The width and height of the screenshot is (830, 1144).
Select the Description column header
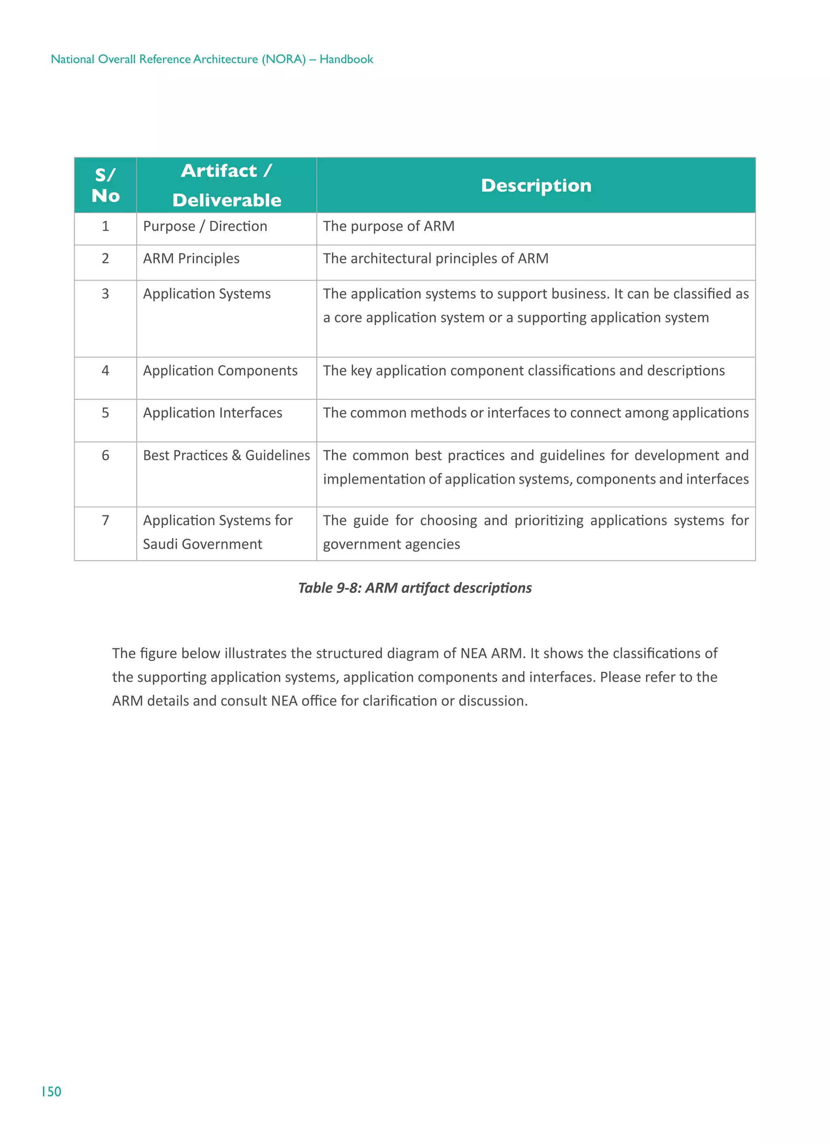coord(536,185)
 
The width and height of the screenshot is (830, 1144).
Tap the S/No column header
coord(105,185)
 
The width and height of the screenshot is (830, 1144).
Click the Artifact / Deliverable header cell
coord(227,185)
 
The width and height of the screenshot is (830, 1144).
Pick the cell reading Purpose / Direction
coord(205,226)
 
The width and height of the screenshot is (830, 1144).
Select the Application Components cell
coord(220,370)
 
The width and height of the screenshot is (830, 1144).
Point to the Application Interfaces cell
coord(212,413)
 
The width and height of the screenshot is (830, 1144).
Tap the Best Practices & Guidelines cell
coord(226,455)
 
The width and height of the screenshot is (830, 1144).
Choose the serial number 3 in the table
coord(105,293)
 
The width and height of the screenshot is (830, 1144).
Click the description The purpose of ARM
coord(389,226)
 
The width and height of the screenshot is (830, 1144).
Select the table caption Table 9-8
coord(414,588)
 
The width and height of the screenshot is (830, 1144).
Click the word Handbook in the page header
coord(346,59)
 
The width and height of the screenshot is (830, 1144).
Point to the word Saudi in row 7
coord(160,544)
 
